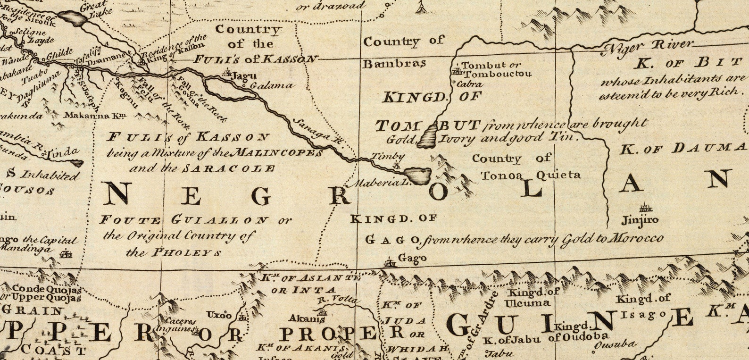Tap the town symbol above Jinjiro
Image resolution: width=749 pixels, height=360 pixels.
click(x=645, y=208)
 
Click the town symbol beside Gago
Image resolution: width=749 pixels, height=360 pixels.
click(x=390, y=262)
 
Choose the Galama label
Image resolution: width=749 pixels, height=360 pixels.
click(x=271, y=86)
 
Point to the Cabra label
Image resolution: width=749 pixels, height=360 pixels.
click(x=472, y=84)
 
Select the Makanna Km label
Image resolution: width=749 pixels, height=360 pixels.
click(x=90, y=115)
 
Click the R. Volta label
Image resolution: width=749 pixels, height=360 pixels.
click(x=338, y=299)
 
